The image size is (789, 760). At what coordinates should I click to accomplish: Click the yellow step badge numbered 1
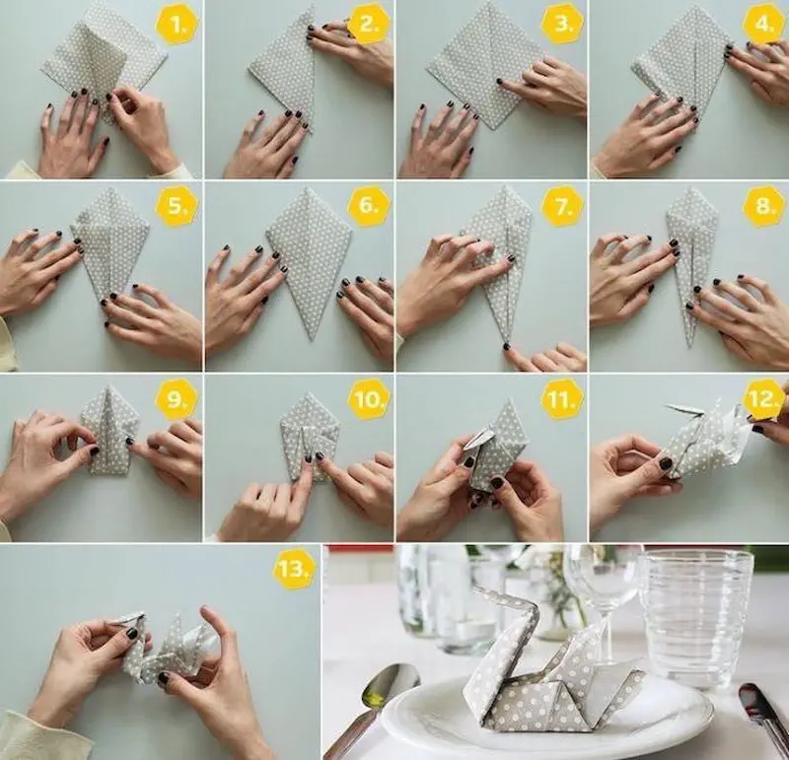click(x=177, y=24)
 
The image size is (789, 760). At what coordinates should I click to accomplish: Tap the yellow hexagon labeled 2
click(x=368, y=24)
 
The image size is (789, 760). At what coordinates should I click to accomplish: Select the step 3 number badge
click(x=562, y=24)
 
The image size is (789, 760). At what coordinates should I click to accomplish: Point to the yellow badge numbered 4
click(x=763, y=24)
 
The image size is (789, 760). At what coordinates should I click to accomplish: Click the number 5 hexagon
click(x=177, y=206)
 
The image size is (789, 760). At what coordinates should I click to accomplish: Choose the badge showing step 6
click(x=368, y=206)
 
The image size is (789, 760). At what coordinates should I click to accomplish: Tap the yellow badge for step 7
click(x=562, y=206)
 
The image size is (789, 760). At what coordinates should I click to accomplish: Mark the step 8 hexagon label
click(x=763, y=206)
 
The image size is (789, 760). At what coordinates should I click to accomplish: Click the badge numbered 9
click(x=177, y=400)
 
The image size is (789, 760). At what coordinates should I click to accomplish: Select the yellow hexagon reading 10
click(x=368, y=400)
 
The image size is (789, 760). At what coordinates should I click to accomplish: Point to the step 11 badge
click(x=562, y=400)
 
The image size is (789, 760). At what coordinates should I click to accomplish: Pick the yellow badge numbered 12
click(x=763, y=400)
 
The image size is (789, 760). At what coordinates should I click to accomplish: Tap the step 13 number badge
click(x=294, y=569)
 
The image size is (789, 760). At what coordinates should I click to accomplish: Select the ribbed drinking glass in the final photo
click(x=695, y=617)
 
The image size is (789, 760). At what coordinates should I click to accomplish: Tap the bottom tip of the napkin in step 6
click(x=313, y=339)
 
